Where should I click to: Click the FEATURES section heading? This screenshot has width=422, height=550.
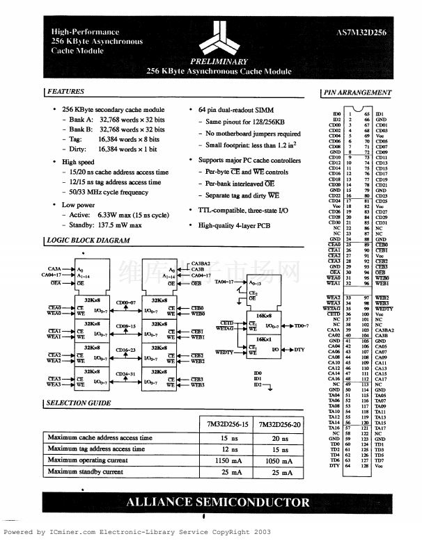65,92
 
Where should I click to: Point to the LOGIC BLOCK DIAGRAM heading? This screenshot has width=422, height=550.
88,241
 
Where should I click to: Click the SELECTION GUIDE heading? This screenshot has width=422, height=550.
78,403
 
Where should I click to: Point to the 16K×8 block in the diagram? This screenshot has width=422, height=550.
258,314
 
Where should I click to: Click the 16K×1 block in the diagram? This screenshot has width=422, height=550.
258,339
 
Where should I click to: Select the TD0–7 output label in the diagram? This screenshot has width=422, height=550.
300,325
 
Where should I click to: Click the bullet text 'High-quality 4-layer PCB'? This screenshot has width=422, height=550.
235,225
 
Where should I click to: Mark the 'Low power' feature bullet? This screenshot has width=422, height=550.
78,205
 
